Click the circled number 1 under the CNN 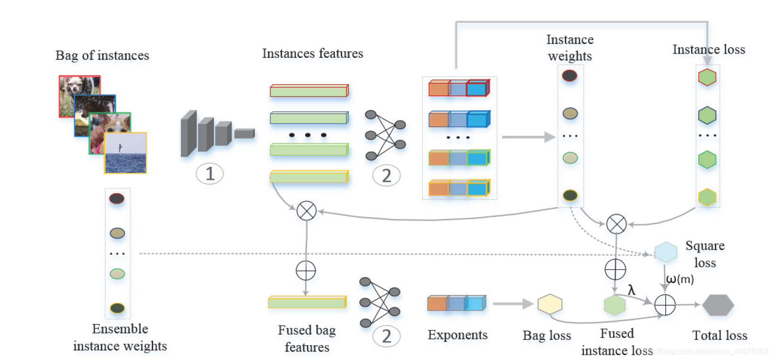tap(210, 174)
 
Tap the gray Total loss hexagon tap(718, 305)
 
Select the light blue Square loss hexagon tap(665, 252)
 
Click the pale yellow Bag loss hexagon tap(550, 304)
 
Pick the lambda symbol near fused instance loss tap(631, 290)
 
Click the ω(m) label tap(680, 279)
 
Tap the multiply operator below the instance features tap(307, 211)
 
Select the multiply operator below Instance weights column tap(616, 224)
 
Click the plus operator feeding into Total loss tap(665, 305)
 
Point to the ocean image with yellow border tap(126, 153)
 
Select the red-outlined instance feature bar tap(309, 90)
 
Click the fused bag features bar tap(307, 302)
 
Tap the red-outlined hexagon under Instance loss tap(707, 77)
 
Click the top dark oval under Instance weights tap(569, 76)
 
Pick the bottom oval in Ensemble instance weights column tap(117, 308)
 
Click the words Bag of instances tap(102, 55)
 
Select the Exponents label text tap(457, 335)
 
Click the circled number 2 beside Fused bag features tap(386, 337)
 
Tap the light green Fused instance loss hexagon tap(614, 305)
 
